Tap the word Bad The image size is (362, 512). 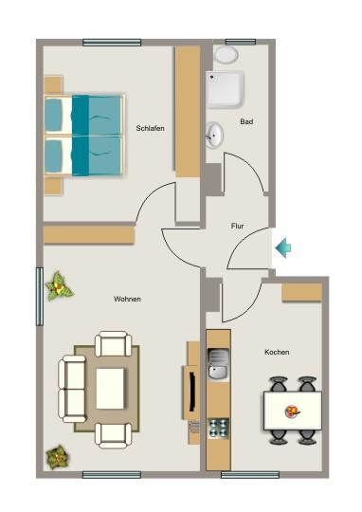246,121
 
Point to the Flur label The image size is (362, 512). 238,227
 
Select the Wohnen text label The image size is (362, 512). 127,299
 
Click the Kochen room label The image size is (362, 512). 277,352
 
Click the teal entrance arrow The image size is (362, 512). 282,248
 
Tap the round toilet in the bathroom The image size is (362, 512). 226,54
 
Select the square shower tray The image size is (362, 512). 226,91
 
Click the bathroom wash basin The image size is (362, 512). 215,136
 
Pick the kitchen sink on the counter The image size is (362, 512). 218,363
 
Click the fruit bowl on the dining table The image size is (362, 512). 293,411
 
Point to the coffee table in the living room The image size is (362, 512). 110,387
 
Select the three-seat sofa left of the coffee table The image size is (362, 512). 72,387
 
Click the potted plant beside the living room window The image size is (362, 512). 60,283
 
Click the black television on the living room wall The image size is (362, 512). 189,390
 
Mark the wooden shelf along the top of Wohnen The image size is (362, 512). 88,234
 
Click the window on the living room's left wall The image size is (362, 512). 40,296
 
